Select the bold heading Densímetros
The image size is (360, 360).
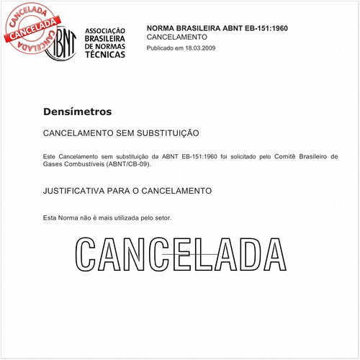[78, 112]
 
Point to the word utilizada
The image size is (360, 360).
[122, 217]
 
